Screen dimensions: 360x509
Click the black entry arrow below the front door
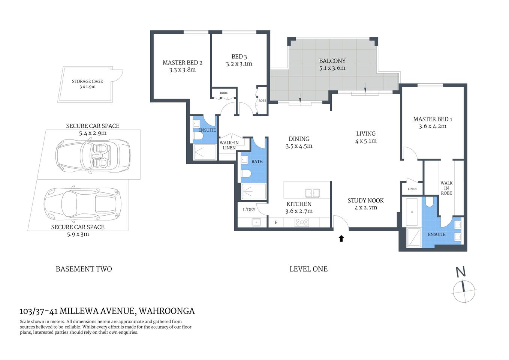[341, 238]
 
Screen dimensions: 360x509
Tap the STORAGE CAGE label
[87, 81]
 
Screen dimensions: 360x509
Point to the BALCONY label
[332, 61]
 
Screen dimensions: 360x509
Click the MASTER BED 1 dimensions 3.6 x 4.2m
[433, 126]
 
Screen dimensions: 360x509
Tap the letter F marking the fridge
[276, 222]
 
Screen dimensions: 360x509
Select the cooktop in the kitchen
[302, 222]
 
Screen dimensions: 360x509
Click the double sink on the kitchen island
[312, 193]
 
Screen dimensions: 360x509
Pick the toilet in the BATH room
[246, 174]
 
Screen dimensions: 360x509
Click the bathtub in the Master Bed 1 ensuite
[412, 212]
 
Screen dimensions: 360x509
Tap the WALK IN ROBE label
[446, 188]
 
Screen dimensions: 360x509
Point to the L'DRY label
[249, 210]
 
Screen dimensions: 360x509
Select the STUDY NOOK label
[365, 201]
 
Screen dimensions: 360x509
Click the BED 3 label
[239, 57]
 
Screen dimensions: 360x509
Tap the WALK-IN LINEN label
[229, 145]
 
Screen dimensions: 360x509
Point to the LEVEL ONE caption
[308, 269]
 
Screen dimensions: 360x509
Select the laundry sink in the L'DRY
[256, 222]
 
